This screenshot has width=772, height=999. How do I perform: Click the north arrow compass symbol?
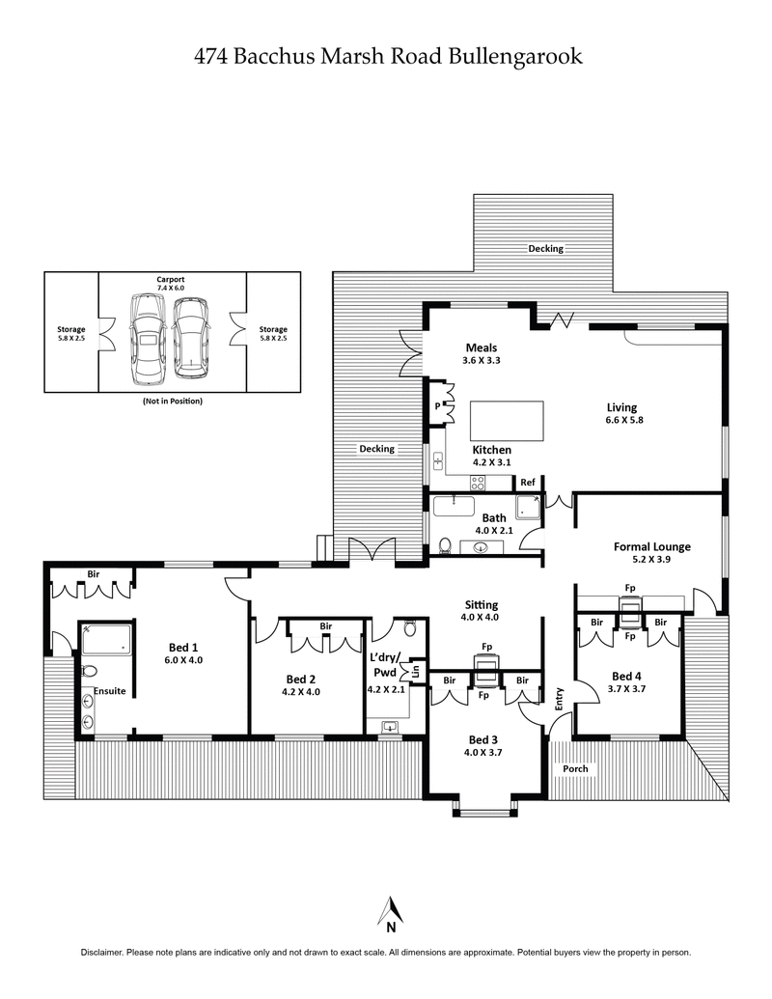(390, 912)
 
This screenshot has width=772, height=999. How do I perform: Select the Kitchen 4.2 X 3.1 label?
(491, 456)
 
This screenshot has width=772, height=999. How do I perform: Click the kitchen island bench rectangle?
(507, 420)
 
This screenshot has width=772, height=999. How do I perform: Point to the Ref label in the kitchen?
(528, 483)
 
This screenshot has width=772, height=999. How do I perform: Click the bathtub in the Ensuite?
(105, 640)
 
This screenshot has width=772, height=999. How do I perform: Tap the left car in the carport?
(147, 338)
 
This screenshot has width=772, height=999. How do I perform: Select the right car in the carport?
(191, 335)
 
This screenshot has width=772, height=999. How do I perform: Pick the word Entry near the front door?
(559, 699)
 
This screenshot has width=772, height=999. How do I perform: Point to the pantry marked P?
(437, 405)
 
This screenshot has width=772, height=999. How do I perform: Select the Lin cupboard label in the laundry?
(416, 670)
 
